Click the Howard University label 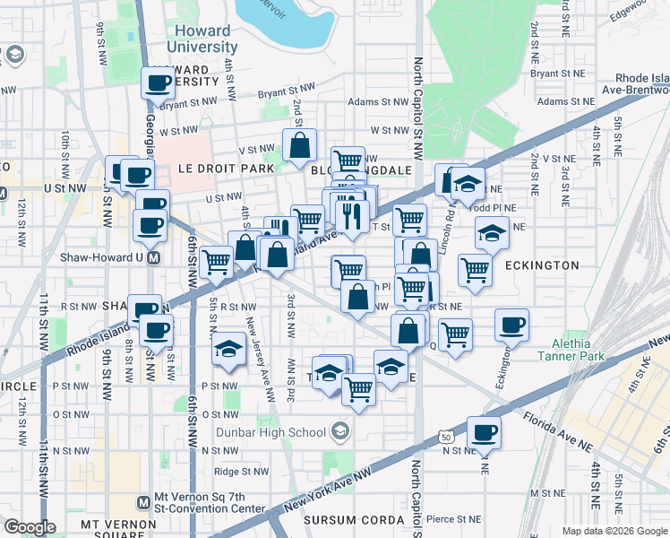tap(198, 38)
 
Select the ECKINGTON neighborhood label tap(541, 265)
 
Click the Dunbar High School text tap(271, 432)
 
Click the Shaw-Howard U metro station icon tap(153, 257)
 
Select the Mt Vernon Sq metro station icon tap(142, 503)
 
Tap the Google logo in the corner tap(30, 527)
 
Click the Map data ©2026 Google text tap(614, 531)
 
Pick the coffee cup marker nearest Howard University tap(159, 84)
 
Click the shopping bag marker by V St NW tap(300, 143)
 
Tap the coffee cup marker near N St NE tap(484, 433)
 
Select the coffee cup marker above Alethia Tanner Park tap(511, 325)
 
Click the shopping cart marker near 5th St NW tap(216, 262)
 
